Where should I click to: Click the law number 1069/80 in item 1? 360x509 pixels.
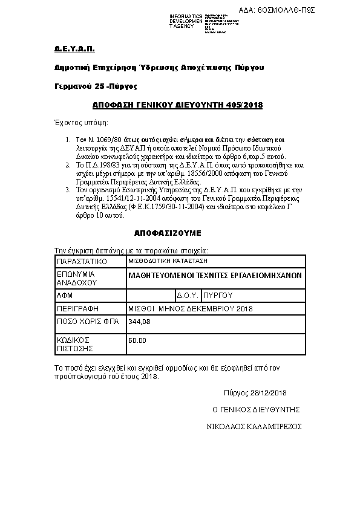[108, 140]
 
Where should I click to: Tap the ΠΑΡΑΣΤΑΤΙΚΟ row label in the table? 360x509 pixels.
[81, 262]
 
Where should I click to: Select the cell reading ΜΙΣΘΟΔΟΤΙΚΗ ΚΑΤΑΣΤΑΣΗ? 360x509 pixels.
[168, 261]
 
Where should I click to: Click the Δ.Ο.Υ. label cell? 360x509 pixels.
[188, 296]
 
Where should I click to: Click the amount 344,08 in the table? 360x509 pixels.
[139, 321]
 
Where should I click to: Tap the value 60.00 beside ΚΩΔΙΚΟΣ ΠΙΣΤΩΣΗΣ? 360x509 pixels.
[137, 341]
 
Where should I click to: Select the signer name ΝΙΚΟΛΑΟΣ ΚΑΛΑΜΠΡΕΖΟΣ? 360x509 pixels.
[255, 426]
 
